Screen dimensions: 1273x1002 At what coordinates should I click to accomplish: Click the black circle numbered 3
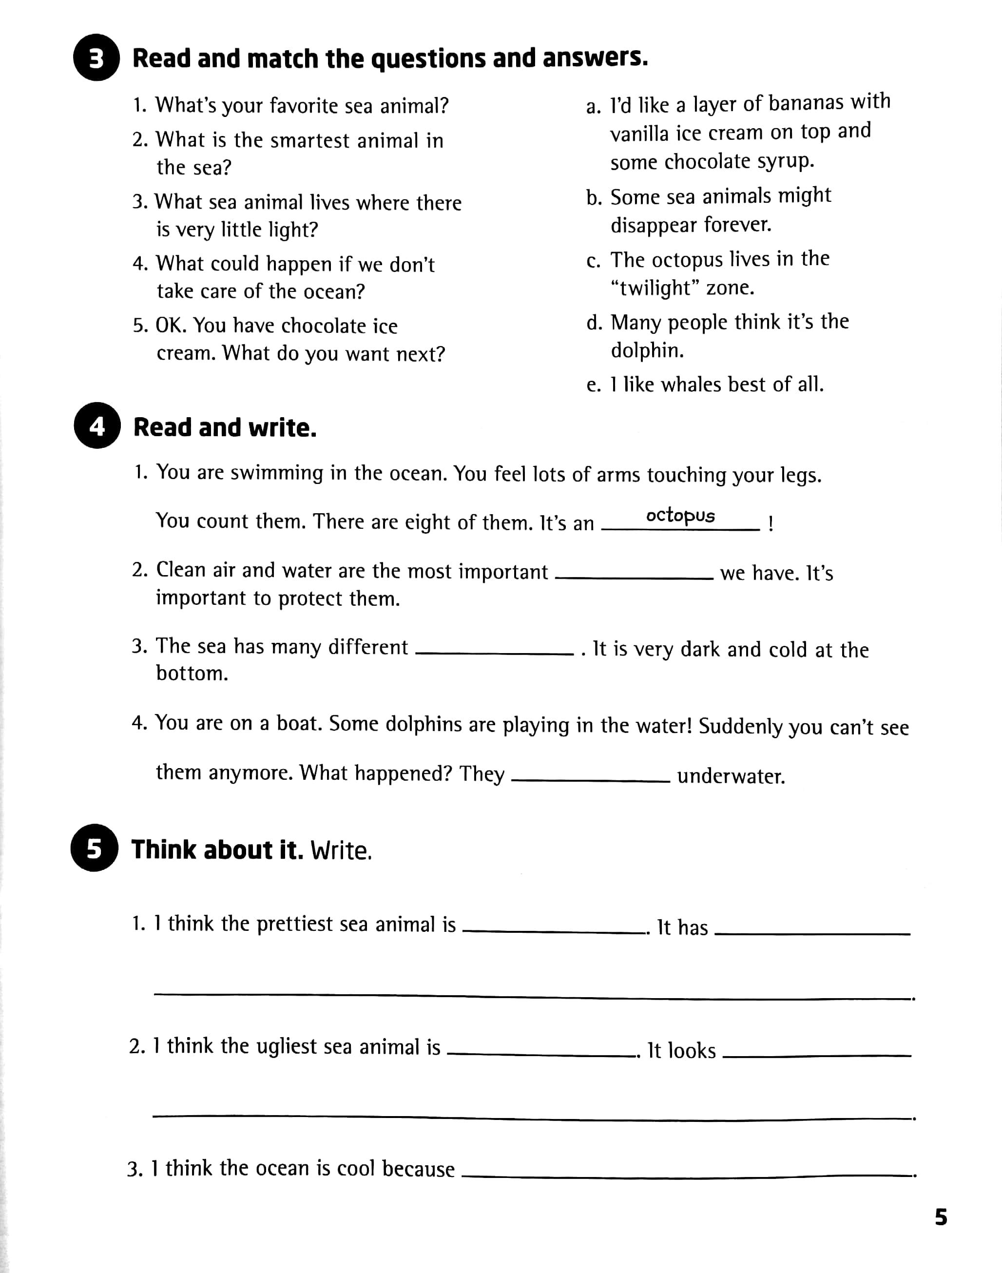point(96,58)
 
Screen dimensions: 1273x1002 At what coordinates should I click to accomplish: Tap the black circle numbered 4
point(97,426)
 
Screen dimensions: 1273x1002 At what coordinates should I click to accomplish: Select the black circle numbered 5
point(95,849)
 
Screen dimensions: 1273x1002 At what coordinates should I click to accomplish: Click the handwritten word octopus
point(680,515)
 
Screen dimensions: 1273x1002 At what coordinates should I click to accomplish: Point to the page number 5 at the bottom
point(941,1217)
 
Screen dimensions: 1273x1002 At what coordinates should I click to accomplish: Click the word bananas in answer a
point(807,103)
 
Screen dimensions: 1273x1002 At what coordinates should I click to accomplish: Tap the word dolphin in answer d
point(647,350)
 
